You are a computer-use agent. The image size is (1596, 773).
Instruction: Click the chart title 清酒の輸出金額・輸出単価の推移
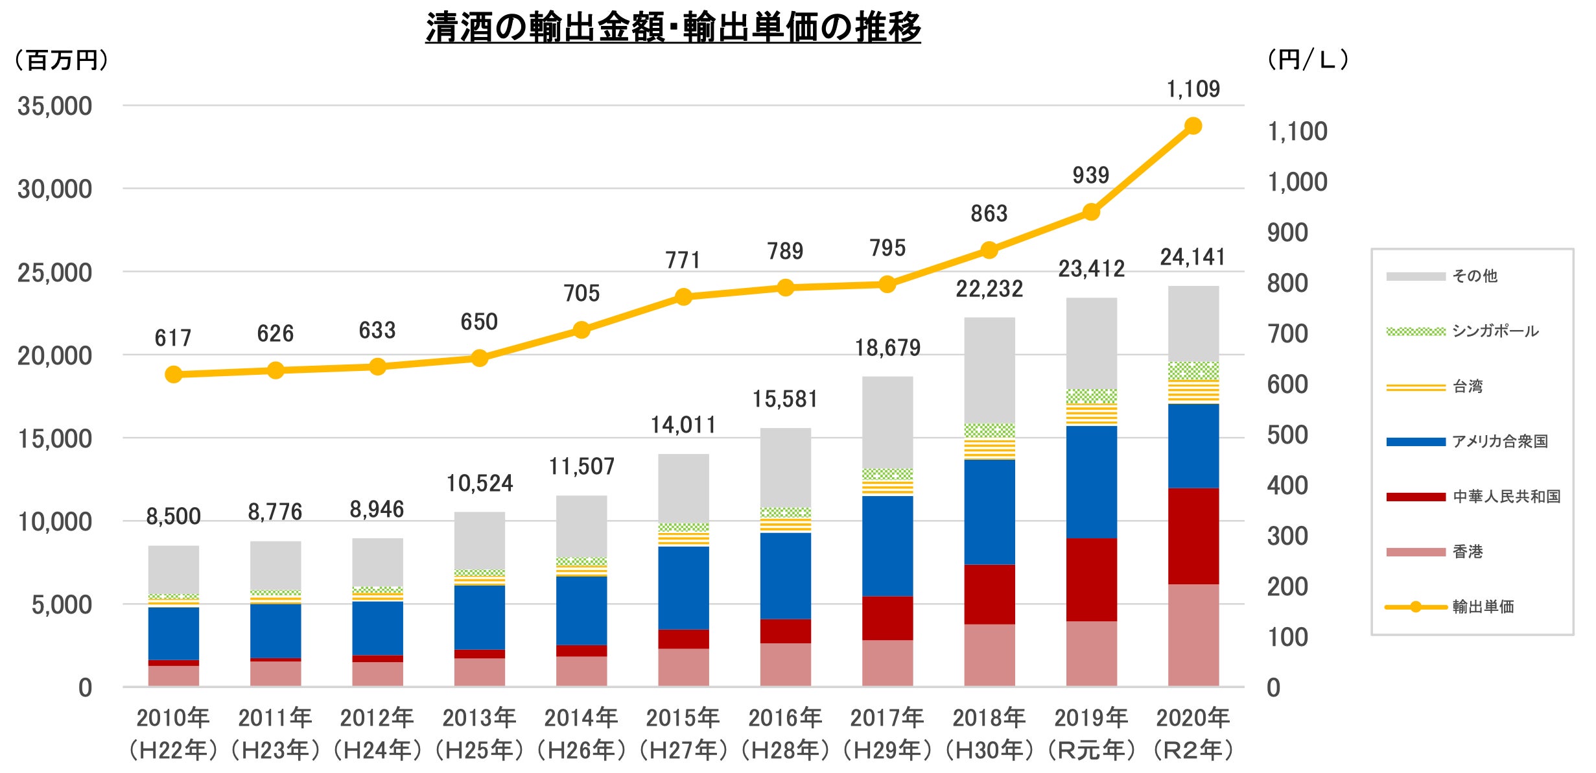click(673, 27)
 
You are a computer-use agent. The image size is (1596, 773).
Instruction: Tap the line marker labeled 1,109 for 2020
click(1193, 126)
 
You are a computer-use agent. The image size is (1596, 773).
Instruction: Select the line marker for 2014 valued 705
click(581, 330)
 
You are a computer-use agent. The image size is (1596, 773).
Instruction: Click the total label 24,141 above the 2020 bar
click(1193, 257)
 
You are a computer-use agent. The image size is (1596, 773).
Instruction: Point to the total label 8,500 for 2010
click(173, 517)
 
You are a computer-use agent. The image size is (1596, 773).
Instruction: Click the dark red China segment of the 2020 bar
click(1193, 536)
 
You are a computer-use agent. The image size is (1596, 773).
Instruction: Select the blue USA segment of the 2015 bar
click(683, 588)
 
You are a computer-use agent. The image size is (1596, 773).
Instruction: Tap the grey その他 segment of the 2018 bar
click(989, 370)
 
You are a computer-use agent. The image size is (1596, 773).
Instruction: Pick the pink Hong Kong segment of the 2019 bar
click(1091, 653)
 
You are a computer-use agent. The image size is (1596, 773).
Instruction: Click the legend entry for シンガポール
click(1495, 331)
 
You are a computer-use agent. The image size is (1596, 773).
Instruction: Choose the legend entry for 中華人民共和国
click(1506, 497)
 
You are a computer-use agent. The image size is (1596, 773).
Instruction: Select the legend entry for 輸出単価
click(1483, 607)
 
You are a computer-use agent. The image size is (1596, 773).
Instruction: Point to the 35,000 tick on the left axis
click(54, 106)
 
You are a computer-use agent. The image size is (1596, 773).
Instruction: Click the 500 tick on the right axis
click(1287, 435)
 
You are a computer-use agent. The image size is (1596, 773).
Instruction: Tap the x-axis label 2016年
click(785, 718)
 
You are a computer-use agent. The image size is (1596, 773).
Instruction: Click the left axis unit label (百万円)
click(62, 60)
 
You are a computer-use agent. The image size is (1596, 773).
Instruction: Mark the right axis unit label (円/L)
click(1308, 60)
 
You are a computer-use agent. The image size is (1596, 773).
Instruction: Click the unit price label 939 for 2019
click(1090, 175)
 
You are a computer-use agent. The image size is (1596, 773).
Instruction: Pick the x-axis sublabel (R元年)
click(1091, 750)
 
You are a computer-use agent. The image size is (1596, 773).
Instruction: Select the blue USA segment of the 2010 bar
click(173, 633)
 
